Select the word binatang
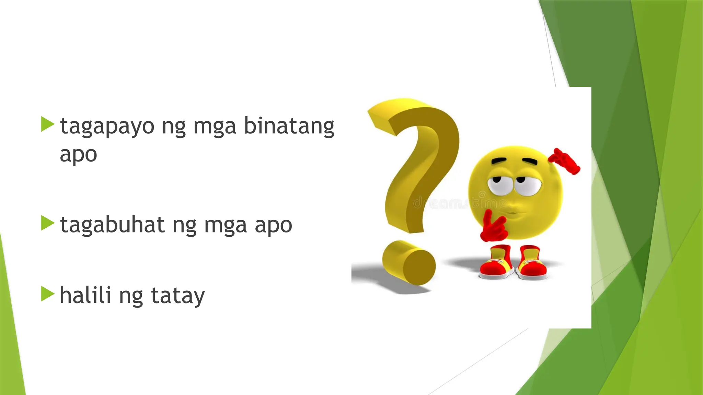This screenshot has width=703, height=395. point(289,127)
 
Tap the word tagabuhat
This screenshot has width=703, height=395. point(112,225)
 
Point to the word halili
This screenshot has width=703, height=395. point(85,295)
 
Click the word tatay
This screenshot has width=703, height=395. point(178,296)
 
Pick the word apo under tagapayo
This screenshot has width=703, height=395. point(78,155)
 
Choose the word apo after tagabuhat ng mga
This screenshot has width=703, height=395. point(273,226)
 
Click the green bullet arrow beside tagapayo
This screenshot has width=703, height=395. point(48,124)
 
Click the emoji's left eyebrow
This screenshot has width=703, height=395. point(499,161)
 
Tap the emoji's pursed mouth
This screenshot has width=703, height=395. point(514,211)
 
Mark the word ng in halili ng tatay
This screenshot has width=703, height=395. point(131,297)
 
